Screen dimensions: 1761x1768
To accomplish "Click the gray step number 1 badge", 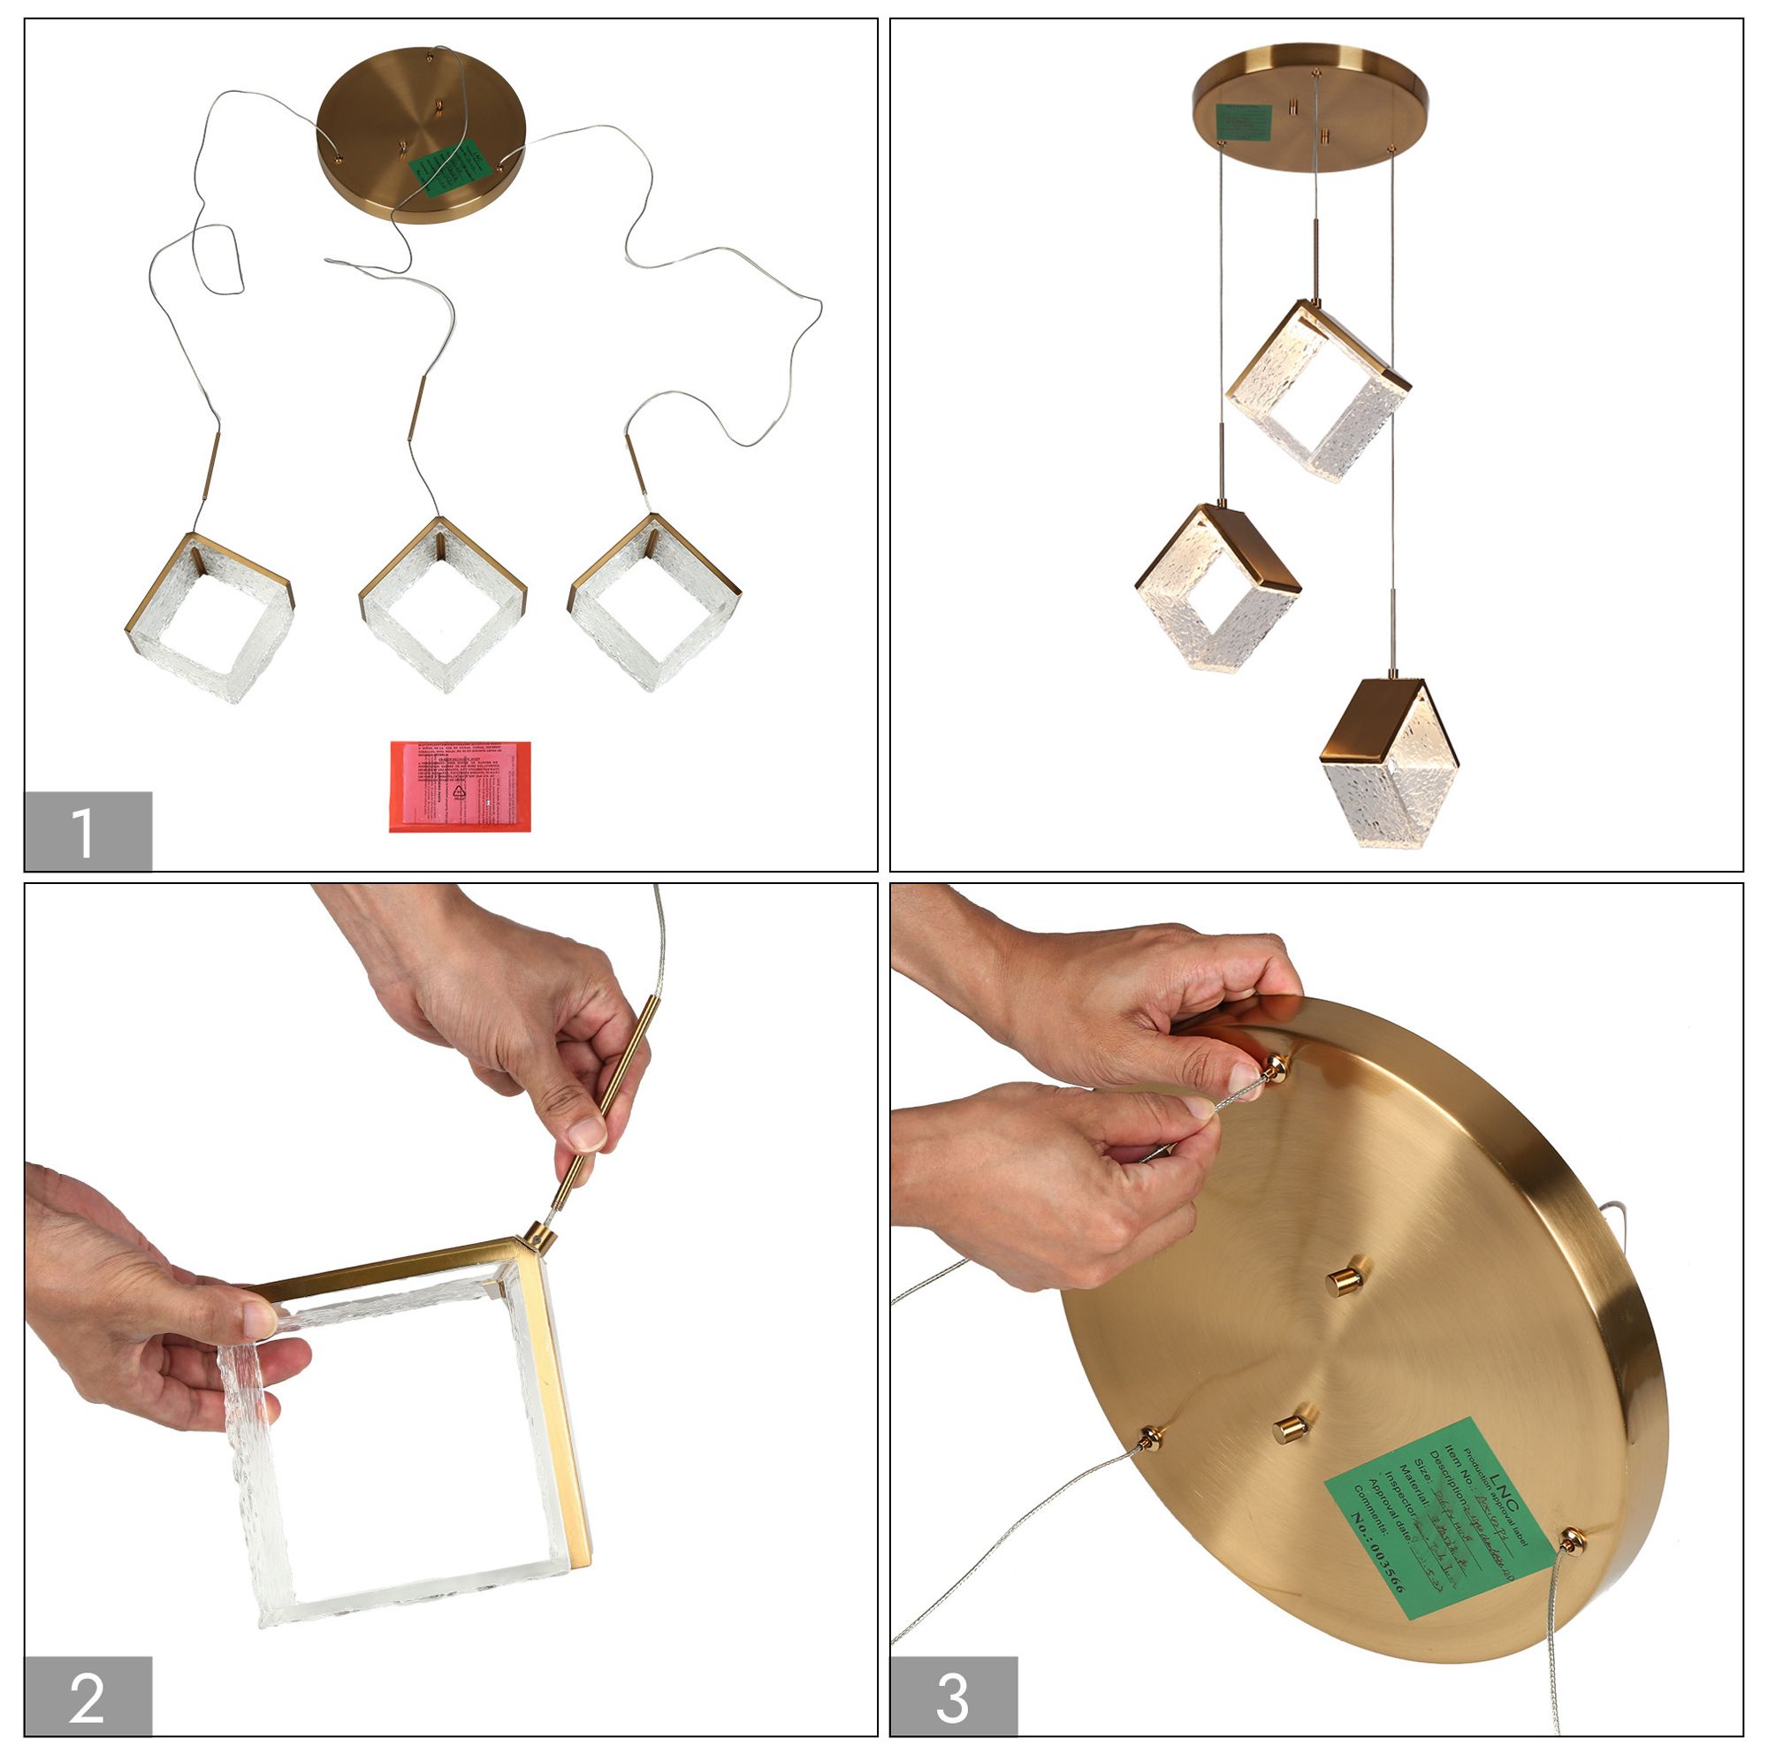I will coord(87,830).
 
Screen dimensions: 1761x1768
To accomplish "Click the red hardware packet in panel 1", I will coord(460,786).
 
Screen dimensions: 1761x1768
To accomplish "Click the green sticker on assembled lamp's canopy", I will coord(1243,122).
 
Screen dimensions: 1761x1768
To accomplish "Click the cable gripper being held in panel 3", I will coord(1276,1066).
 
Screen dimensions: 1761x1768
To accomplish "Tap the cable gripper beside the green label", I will coord(1572,1540).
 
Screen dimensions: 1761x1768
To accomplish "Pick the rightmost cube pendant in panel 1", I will coord(654,599).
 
